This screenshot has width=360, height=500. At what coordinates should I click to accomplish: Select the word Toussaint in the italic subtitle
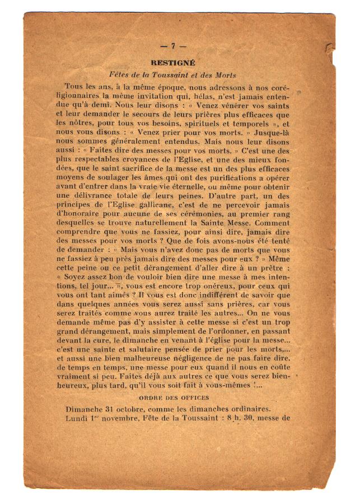[177, 75]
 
